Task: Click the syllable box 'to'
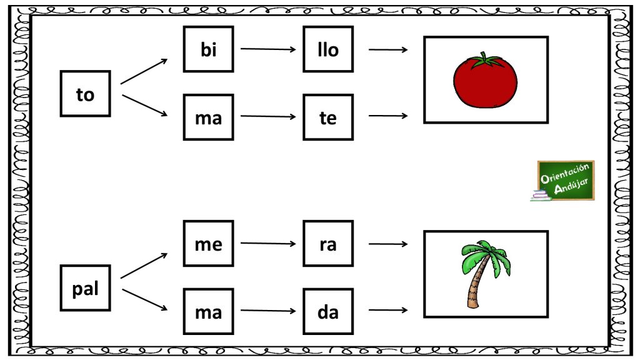[x=85, y=94]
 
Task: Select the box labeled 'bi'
[x=209, y=49]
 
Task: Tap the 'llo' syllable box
[x=328, y=49]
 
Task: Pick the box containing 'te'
[x=328, y=117]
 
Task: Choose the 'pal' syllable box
[x=85, y=287]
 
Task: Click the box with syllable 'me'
[x=209, y=243]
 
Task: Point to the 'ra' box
[x=328, y=243]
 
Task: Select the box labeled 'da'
[x=328, y=311]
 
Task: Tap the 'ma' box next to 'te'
[x=209, y=117]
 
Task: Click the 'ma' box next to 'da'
[x=209, y=311]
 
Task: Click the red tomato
[x=485, y=81]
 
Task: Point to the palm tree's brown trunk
[x=478, y=282]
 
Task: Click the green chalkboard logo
[x=563, y=181]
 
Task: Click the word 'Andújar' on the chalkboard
[x=571, y=186]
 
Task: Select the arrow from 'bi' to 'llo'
[x=268, y=49]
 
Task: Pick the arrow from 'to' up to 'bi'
[x=144, y=71]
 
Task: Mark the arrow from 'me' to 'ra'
[x=268, y=243]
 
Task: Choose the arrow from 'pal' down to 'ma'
[x=145, y=299]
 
